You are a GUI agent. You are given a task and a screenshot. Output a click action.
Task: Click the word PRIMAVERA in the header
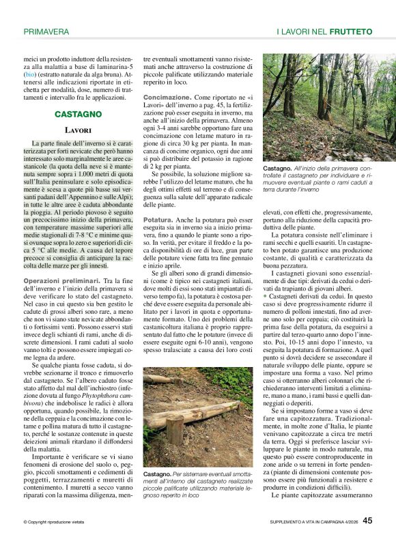(46, 31)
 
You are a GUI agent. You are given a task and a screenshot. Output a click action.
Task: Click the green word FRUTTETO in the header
(350, 31)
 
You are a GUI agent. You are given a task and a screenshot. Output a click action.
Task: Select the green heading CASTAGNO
(74, 114)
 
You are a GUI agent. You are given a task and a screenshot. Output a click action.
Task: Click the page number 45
(367, 521)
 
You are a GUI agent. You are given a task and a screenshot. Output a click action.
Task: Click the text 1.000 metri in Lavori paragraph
(83, 174)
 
